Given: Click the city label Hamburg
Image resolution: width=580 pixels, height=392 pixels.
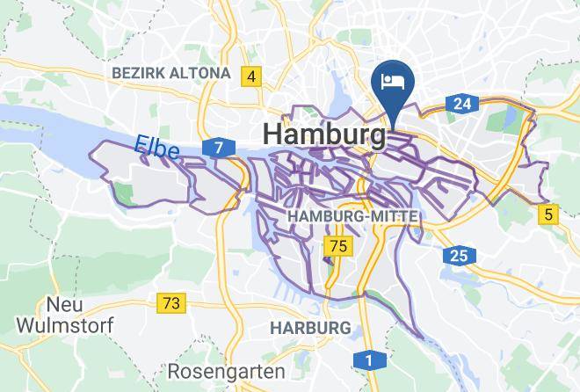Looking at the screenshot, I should coord(324,134).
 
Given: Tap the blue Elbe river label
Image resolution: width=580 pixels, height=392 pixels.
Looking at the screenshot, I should coord(157,148).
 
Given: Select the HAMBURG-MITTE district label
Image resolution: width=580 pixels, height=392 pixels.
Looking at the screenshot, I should coord(352,215).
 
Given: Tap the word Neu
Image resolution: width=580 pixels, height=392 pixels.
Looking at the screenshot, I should coord(65,304).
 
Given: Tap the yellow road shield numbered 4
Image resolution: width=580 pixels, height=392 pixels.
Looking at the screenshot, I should coord(251,77).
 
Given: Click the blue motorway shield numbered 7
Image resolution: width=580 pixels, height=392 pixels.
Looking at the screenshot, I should coord(217,147).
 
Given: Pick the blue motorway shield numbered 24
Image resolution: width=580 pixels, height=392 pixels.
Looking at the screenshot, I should coord(460,105).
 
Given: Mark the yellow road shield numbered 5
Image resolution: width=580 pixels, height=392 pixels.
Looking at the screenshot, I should coord(549,213).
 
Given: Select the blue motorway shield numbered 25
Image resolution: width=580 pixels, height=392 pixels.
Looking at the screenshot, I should coord(458,256).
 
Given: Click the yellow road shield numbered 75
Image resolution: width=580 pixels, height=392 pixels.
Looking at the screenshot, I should coord(337,245).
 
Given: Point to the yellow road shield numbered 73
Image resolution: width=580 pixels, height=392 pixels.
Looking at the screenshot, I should coord(171,303).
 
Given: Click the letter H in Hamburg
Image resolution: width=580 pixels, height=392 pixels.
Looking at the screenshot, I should coord(272,134).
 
